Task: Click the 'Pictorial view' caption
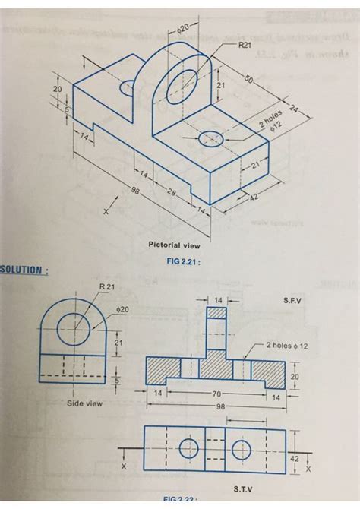[175, 245]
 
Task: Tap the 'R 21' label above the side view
[107, 286]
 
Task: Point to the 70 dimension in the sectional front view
[218, 394]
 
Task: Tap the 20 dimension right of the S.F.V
[295, 376]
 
